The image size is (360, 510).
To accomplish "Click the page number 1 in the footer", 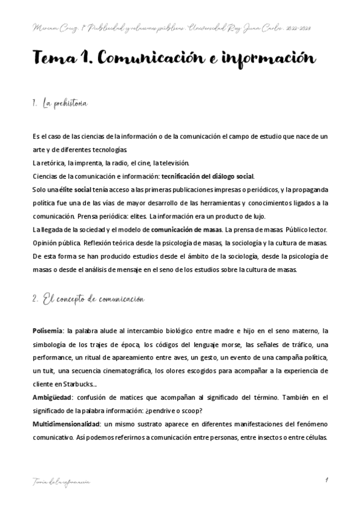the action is point(325,479).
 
